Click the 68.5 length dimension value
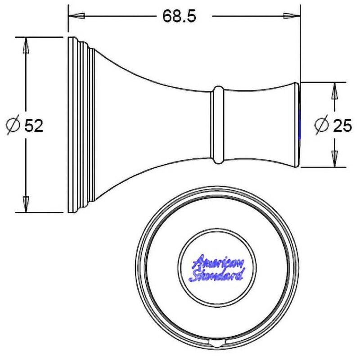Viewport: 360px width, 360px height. pos(179,16)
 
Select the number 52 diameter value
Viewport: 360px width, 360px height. pos(34,126)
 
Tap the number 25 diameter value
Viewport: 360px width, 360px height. pos(342,126)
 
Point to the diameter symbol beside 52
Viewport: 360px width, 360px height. pos(13,126)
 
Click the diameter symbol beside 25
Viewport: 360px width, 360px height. pos(322,126)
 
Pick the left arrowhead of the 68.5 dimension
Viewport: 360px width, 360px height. pos(76,16)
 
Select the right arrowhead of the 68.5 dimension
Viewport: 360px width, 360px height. pos(292,16)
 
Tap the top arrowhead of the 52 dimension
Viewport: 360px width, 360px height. pos(26,45)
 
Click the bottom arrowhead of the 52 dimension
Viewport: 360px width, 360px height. pos(26,204)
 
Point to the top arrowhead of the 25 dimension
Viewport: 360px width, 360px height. pos(335,91)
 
